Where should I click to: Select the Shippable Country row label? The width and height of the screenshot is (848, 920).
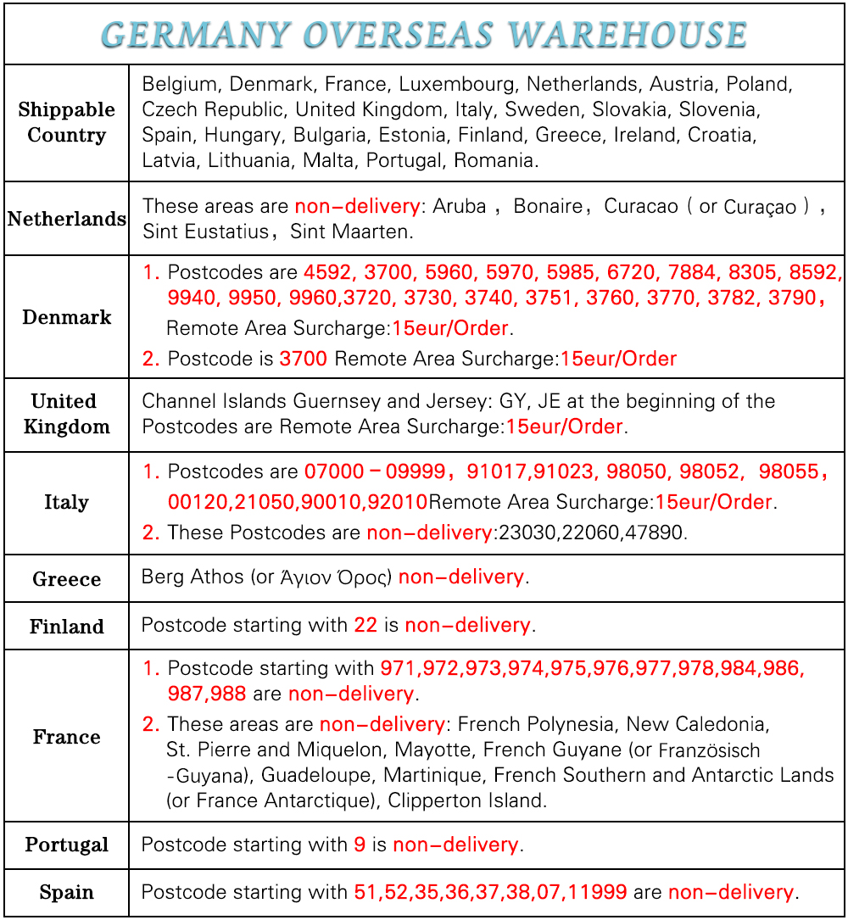(x=66, y=122)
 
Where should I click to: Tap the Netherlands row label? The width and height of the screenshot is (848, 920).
(x=66, y=219)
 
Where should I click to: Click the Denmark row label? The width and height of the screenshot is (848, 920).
(x=66, y=317)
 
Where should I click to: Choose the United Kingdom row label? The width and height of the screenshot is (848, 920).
(x=66, y=414)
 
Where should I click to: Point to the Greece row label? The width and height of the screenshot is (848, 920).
(x=66, y=579)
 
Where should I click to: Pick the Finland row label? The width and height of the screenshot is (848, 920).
(x=66, y=627)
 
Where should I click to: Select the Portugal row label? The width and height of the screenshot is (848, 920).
(x=66, y=845)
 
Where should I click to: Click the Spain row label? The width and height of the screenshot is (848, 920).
(x=66, y=892)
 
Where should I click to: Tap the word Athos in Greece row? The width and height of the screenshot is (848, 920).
(x=217, y=577)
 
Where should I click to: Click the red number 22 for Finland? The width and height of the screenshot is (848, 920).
(x=365, y=626)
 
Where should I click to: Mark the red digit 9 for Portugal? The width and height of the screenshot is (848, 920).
(x=360, y=845)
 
